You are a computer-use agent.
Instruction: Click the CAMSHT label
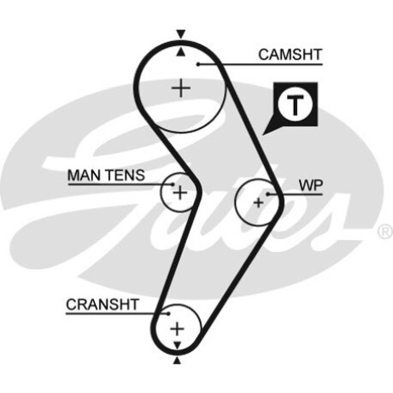290,55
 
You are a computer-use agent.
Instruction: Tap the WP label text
311,185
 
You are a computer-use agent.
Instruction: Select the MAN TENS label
106,175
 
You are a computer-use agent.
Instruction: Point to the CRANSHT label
103,304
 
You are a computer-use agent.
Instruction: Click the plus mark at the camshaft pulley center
181,88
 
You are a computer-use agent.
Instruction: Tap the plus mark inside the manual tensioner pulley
180,193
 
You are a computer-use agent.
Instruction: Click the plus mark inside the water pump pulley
259,202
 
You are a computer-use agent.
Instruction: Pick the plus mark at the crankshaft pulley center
177,329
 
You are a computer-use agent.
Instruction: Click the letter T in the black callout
295,105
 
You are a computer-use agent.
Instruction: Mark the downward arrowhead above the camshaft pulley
181,33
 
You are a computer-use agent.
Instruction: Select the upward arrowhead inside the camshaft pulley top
180,52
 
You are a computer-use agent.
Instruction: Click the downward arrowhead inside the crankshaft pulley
178,345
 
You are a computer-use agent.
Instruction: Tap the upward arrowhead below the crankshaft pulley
177,361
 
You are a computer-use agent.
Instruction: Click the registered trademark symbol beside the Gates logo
385,232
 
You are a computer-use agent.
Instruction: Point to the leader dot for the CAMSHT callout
198,64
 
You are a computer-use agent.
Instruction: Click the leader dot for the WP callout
268,195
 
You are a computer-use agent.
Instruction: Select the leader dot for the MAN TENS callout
173,185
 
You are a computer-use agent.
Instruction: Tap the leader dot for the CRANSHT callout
168,314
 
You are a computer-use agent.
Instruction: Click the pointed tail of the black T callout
263,134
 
